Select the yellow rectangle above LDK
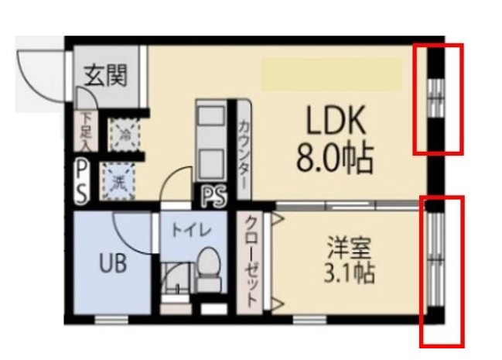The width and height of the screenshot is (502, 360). (x=331, y=74)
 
